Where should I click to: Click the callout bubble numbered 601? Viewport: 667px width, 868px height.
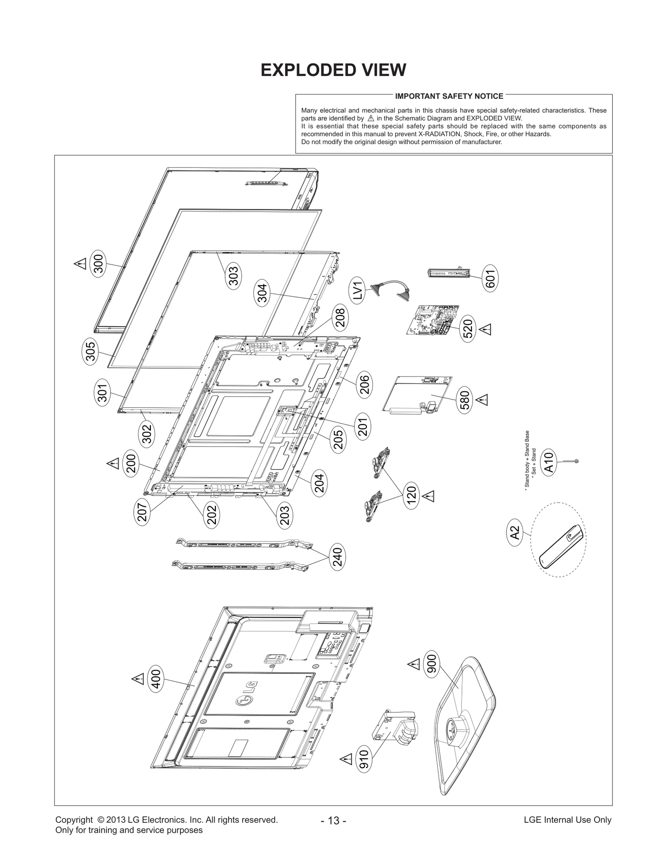coord(490,279)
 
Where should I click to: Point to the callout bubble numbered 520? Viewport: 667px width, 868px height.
coord(468,329)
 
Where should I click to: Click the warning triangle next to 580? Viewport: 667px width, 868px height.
coord(483,400)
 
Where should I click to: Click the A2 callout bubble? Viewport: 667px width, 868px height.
coord(516,533)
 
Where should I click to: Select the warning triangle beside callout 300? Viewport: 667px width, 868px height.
coord(80,264)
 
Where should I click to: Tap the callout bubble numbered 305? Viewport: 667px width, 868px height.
coord(90,351)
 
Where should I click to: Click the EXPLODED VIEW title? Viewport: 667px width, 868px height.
coord(333,70)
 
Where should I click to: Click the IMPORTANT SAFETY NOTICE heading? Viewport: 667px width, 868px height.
coord(449,96)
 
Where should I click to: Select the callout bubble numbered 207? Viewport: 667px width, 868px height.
coord(142,512)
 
